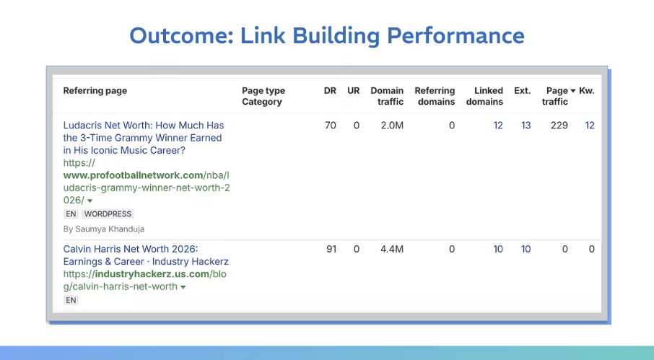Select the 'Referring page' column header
point(95,91)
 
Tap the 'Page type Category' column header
point(263,96)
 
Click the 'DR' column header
point(330,91)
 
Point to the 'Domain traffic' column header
point(387,96)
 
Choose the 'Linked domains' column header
point(484,96)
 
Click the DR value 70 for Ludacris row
point(331,126)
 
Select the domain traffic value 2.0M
point(392,126)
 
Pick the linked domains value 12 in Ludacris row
point(498,126)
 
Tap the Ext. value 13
point(526,126)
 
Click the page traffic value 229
point(559,126)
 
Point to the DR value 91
point(331,250)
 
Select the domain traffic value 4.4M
point(392,250)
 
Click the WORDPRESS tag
point(108,214)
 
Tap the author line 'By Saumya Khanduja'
point(104,229)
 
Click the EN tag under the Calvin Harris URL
point(71,300)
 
